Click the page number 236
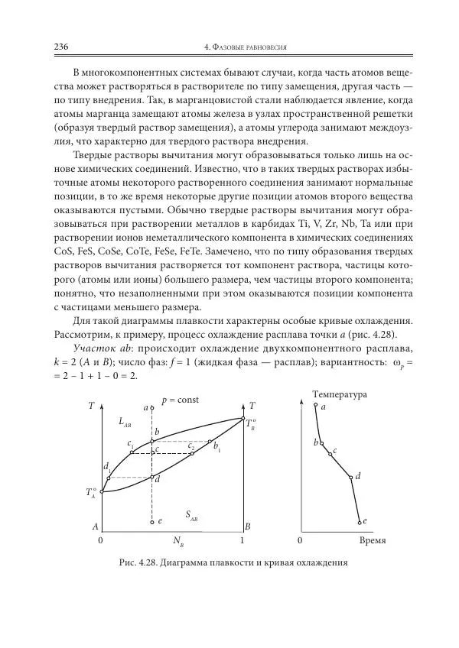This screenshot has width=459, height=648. pos(61,47)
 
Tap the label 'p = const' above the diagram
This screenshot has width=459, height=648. pos(181,400)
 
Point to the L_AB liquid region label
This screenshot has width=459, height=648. pos(126,422)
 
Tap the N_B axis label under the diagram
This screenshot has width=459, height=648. pos(178,543)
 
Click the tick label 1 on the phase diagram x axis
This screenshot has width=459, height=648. pos(243,541)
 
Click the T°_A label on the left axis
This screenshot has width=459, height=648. pos(92,493)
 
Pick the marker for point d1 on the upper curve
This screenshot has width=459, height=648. pos(109,478)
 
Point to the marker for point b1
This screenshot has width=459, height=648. pos(210,441)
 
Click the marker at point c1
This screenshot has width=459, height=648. pos(132,452)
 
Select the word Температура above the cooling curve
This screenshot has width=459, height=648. pos(340,394)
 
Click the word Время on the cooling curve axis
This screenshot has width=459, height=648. pos(371,540)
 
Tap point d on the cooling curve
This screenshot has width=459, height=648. pos(351,478)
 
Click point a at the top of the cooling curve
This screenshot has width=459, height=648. pos(315,406)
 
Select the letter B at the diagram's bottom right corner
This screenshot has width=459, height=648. pos(248,526)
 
